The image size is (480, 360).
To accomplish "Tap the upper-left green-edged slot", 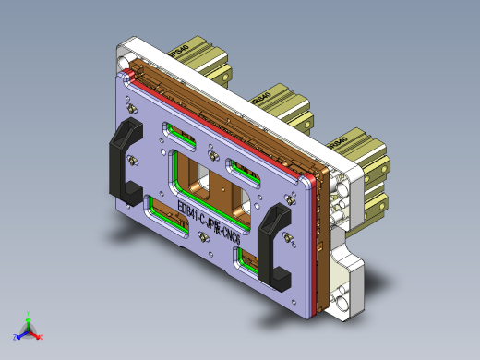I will pyautogui.click(x=180, y=135).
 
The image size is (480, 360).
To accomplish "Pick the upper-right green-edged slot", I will pyautogui.click(x=243, y=171).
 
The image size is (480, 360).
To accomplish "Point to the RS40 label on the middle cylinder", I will pyautogui.click(x=261, y=96).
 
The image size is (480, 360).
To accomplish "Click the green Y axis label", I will pyautogui.click(x=30, y=314).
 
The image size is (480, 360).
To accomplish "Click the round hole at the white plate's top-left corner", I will pyautogui.click(x=124, y=54).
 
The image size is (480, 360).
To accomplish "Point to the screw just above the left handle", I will pyautogui.click(x=129, y=110).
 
